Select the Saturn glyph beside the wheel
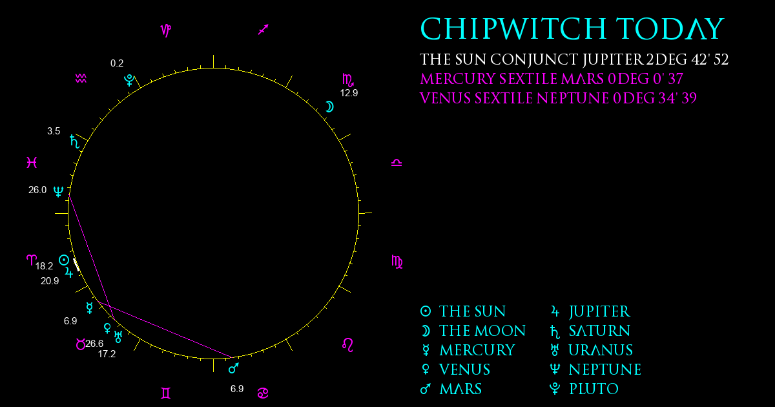74,141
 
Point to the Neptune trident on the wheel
59,191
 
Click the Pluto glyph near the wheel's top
129,80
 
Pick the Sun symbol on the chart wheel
64,260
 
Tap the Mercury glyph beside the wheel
90,308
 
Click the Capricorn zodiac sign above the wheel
166,30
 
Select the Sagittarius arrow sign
263,30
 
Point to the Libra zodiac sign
397,163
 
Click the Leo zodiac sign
347,345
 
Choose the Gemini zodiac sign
166,393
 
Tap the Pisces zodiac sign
32,162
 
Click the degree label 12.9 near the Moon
349,93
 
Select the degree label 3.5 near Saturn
54,131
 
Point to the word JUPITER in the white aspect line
613,59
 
